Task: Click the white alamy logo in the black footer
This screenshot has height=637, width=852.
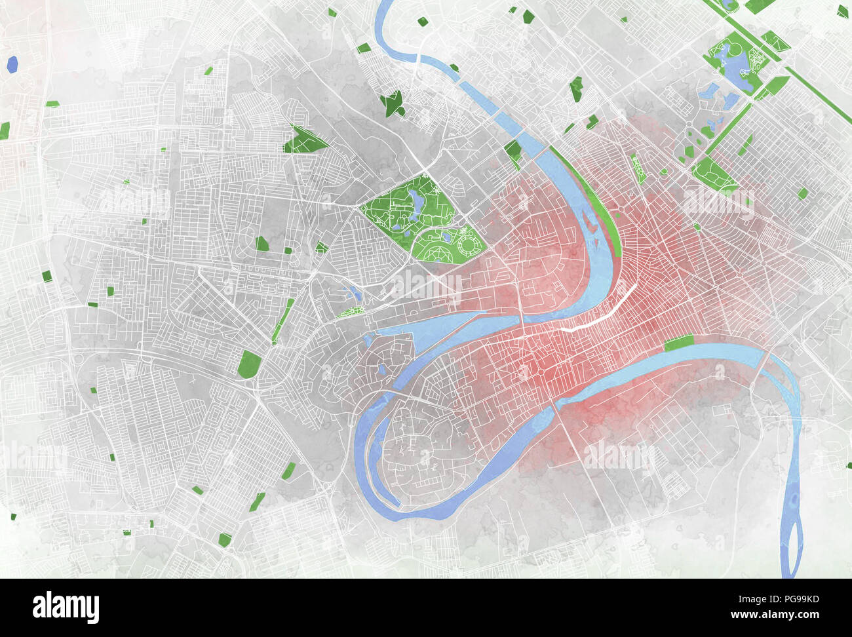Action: pyautogui.click(x=66, y=608)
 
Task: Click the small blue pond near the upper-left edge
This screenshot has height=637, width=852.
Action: pyautogui.click(x=12, y=64)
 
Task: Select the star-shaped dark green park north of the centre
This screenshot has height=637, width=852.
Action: pyautogui.click(x=393, y=104)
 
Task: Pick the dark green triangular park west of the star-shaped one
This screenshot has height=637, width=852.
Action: pyautogui.click(x=303, y=140)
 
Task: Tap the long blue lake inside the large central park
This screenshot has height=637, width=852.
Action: pyautogui.click(x=416, y=204)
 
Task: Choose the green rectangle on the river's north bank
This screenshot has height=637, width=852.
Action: pyautogui.click(x=678, y=342)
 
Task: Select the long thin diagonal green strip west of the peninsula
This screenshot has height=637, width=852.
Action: pyautogui.click(x=283, y=320)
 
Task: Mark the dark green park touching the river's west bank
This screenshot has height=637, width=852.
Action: pyautogui.click(x=513, y=150)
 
